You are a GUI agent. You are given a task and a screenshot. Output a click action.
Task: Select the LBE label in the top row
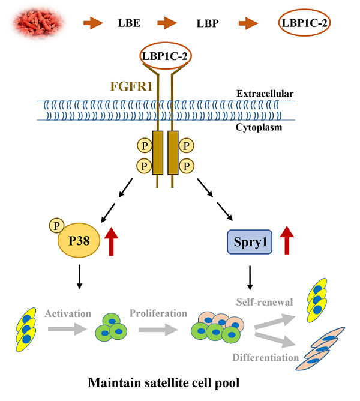point(129,24)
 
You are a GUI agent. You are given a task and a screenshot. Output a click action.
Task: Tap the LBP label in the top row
point(208,24)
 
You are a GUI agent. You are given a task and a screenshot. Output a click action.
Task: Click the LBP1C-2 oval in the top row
point(305,24)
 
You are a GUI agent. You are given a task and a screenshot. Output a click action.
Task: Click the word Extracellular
point(265,94)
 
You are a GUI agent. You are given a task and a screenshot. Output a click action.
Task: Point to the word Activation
point(67,313)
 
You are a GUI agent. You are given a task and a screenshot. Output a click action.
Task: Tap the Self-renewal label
point(265,302)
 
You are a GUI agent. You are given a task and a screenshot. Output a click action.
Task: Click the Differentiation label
point(265,357)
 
